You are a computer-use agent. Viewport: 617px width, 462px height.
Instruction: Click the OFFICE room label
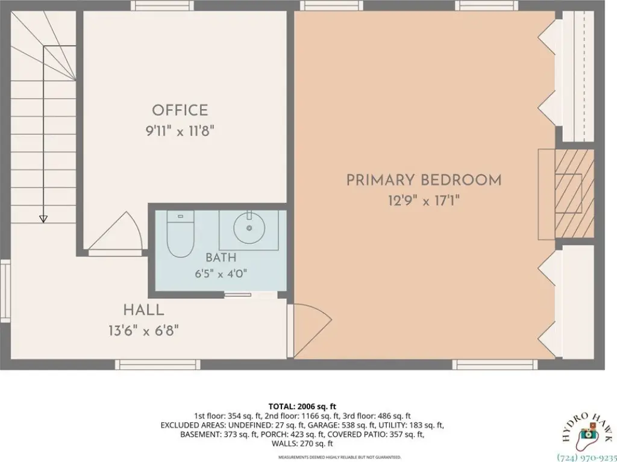[x=180, y=110]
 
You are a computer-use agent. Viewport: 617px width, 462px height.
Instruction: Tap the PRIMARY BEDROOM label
[x=424, y=180]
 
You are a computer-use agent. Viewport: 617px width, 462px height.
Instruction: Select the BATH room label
[x=221, y=258]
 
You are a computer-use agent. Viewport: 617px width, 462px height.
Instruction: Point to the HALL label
[x=143, y=310]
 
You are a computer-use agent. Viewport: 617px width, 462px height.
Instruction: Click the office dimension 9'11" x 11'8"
[x=180, y=131]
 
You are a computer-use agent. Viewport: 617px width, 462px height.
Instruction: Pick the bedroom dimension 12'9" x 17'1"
[x=424, y=201]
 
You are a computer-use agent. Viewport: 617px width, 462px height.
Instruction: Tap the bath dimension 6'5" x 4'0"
[x=221, y=273]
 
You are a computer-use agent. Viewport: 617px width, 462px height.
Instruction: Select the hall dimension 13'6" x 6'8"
[x=143, y=331]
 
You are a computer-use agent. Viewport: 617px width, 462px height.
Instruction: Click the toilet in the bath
[x=181, y=234]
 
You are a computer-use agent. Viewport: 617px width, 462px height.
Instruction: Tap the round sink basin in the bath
[x=249, y=228]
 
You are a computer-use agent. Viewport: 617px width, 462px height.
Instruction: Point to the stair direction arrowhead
[x=43, y=219]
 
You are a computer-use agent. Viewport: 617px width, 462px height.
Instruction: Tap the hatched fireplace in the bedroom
[x=574, y=193]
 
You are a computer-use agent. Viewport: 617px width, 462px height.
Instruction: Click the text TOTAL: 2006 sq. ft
[x=302, y=407]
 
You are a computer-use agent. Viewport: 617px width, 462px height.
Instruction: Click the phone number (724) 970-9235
[x=587, y=458]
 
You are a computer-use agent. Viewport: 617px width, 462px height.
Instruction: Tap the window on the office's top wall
[x=162, y=5]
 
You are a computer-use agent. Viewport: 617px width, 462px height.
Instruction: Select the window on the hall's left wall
[x=5, y=291]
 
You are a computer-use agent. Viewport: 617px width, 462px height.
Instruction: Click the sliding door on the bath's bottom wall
[x=237, y=295]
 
